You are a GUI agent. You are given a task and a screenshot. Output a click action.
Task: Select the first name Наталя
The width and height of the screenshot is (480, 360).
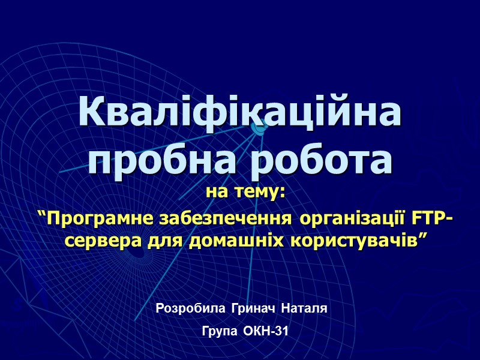[304, 309]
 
